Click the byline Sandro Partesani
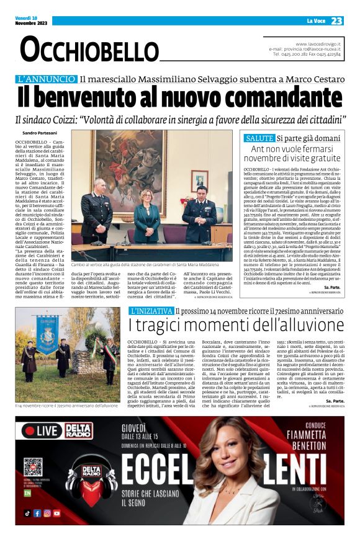(39, 133)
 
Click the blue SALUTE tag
(258, 138)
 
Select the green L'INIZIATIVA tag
(151, 311)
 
